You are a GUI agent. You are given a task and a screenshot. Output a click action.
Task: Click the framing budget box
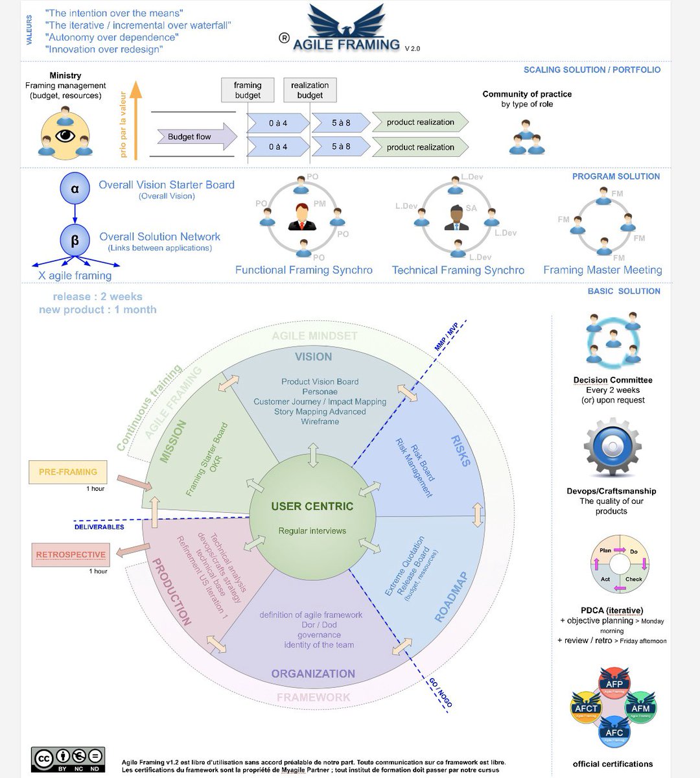click(x=248, y=90)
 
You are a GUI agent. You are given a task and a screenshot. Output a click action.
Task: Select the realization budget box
click(x=310, y=90)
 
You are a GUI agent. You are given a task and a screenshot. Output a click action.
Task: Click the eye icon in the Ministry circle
click(x=65, y=136)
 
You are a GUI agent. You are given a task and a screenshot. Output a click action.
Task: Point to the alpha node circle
click(x=75, y=189)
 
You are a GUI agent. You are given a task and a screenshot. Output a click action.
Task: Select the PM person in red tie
click(x=301, y=217)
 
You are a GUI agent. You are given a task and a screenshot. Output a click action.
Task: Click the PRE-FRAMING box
click(x=68, y=472)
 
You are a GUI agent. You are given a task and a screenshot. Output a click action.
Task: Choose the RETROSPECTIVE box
click(x=71, y=555)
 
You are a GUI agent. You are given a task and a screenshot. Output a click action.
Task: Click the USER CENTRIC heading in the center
click(x=312, y=506)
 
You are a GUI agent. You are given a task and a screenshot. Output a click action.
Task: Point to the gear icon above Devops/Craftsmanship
click(x=612, y=449)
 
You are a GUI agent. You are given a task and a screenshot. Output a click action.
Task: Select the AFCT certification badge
click(x=585, y=708)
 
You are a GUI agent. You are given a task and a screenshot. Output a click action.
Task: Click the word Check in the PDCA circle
click(x=633, y=579)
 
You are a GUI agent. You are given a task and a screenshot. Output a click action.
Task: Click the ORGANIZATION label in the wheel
click(x=313, y=674)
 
